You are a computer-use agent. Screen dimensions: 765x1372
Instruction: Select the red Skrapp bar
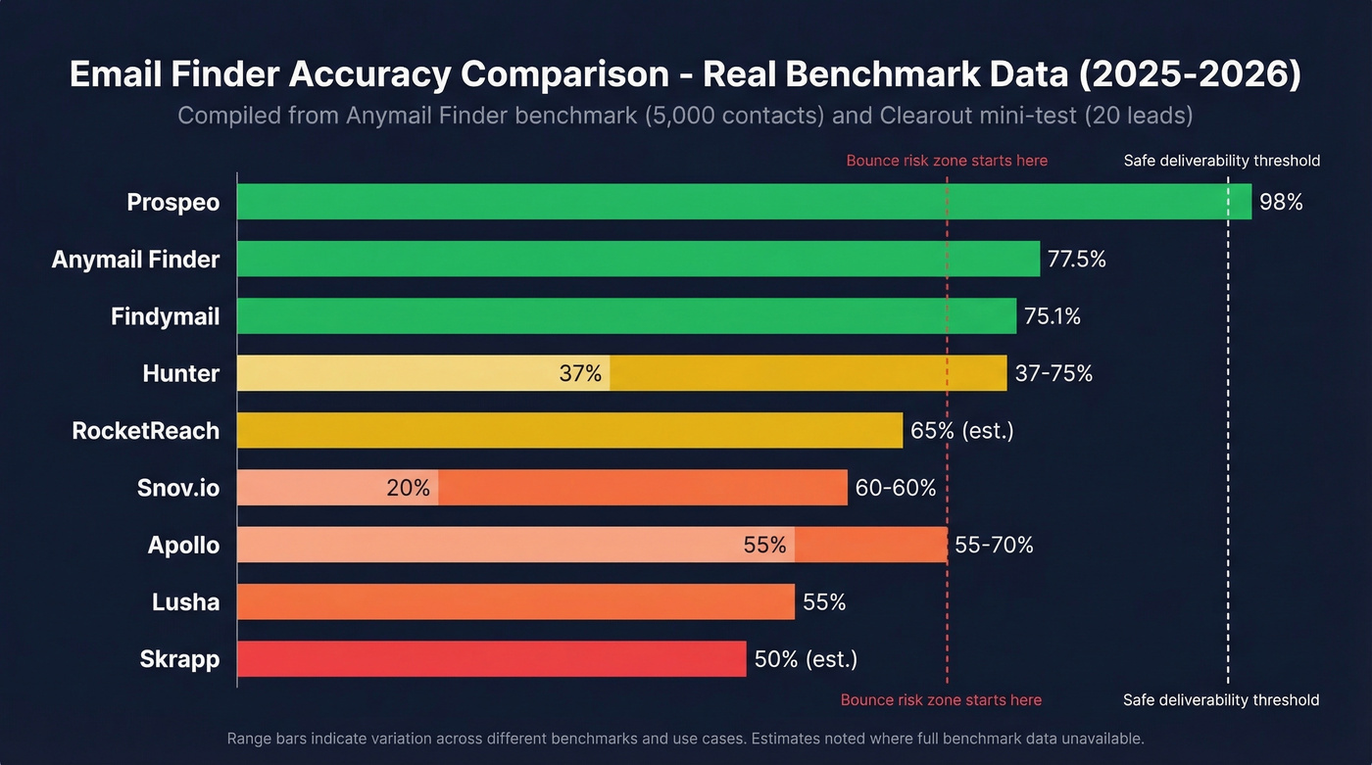click(491, 659)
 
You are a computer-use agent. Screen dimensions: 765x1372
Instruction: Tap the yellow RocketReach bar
click(569, 430)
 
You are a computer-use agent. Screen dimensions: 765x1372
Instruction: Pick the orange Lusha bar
click(515, 601)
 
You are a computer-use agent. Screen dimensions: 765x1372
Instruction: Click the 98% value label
click(1281, 203)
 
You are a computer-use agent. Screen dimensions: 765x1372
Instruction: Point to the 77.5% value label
click(1077, 260)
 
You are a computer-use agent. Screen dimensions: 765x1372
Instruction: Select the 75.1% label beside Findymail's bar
click(1053, 316)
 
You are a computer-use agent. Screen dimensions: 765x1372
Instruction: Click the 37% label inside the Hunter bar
click(580, 373)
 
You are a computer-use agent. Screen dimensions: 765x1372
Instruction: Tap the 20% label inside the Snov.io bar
click(408, 488)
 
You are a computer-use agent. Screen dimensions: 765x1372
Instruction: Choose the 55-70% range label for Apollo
click(994, 545)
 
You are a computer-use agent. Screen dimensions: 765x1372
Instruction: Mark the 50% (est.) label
click(806, 659)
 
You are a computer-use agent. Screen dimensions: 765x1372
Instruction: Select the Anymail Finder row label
click(135, 260)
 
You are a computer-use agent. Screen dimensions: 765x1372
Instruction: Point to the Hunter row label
click(180, 373)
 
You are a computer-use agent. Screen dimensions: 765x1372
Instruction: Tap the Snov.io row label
click(178, 488)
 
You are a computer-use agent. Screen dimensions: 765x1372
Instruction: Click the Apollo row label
click(183, 545)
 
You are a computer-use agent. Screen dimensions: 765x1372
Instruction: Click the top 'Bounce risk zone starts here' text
click(947, 161)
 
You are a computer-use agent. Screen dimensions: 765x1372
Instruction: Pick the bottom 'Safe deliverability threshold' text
click(1221, 700)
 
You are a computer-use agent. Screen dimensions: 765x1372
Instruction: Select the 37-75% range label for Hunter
click(1053, 373)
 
